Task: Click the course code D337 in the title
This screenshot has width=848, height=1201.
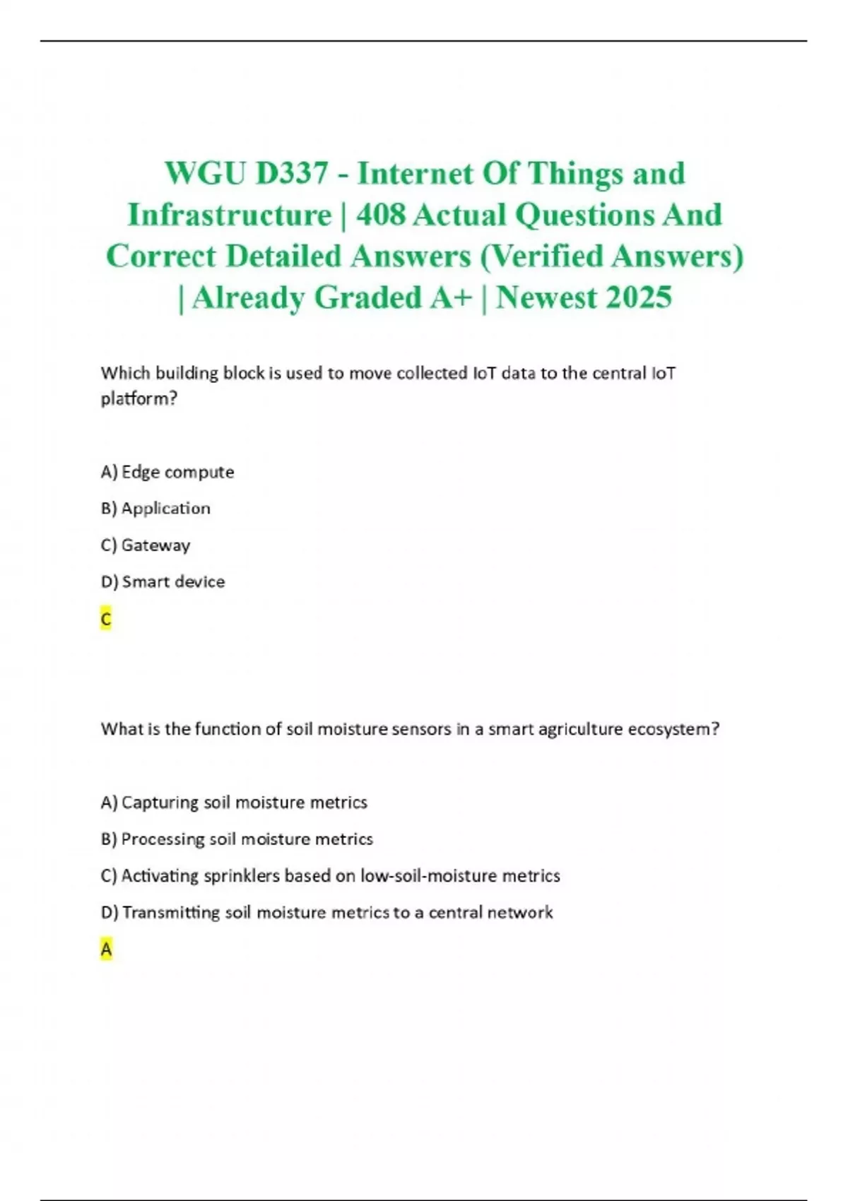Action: (x=291, y=174)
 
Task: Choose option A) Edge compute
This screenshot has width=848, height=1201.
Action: (x=167, y=472)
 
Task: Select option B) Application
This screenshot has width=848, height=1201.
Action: (x=155, y=509)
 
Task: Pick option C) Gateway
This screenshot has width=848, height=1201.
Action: (x=146, y=545)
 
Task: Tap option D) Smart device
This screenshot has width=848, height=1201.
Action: (x=163, y=582)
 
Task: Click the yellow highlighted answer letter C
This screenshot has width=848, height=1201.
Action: (x=106, y=620)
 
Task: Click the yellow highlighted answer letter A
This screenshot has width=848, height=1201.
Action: (x=106, y=950)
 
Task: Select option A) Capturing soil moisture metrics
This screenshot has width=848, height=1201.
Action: (x=234, y=803)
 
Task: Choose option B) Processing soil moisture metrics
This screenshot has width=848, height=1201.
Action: (x=237, y=839)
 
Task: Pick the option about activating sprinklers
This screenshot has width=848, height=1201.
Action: (x=330, y=876)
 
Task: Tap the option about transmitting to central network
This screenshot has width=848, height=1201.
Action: (x=326, y=913)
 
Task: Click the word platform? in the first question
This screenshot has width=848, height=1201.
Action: (x=139, y=399)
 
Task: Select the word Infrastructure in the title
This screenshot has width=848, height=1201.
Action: (x=229, y=215)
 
